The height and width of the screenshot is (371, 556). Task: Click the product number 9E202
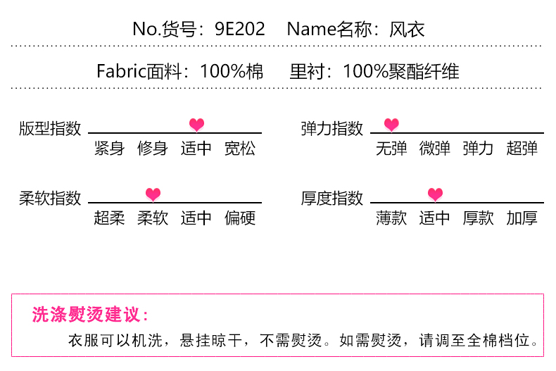pos(240,29)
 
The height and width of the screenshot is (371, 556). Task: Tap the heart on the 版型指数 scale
pos(196,125)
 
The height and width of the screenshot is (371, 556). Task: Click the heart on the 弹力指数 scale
pos(391,125)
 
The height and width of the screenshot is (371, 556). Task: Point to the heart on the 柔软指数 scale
pos(153,194)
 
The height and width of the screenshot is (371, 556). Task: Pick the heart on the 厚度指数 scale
pos(435,194)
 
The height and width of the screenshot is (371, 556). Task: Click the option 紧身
pos(109,149)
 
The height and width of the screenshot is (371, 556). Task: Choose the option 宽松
pos(240,149)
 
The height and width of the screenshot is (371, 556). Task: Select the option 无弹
pos(391,149)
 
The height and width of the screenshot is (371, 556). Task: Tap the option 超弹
pos(522,149)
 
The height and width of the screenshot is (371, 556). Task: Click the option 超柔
pos(109,218)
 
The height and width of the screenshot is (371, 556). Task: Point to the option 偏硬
pos(240,218)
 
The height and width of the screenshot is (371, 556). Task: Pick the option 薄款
pos(391,218)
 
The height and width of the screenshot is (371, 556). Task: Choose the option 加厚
pos(522,218)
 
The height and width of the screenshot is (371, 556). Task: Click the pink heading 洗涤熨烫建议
pos(90,315)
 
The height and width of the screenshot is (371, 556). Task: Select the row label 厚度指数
pos(332,198)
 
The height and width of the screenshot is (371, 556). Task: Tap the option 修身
pos(153,149)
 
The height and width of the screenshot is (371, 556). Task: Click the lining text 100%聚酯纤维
pos(401,71)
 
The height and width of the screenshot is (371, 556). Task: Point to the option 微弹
pos(435,149)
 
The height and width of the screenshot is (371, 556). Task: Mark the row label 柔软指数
pos(50,198)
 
